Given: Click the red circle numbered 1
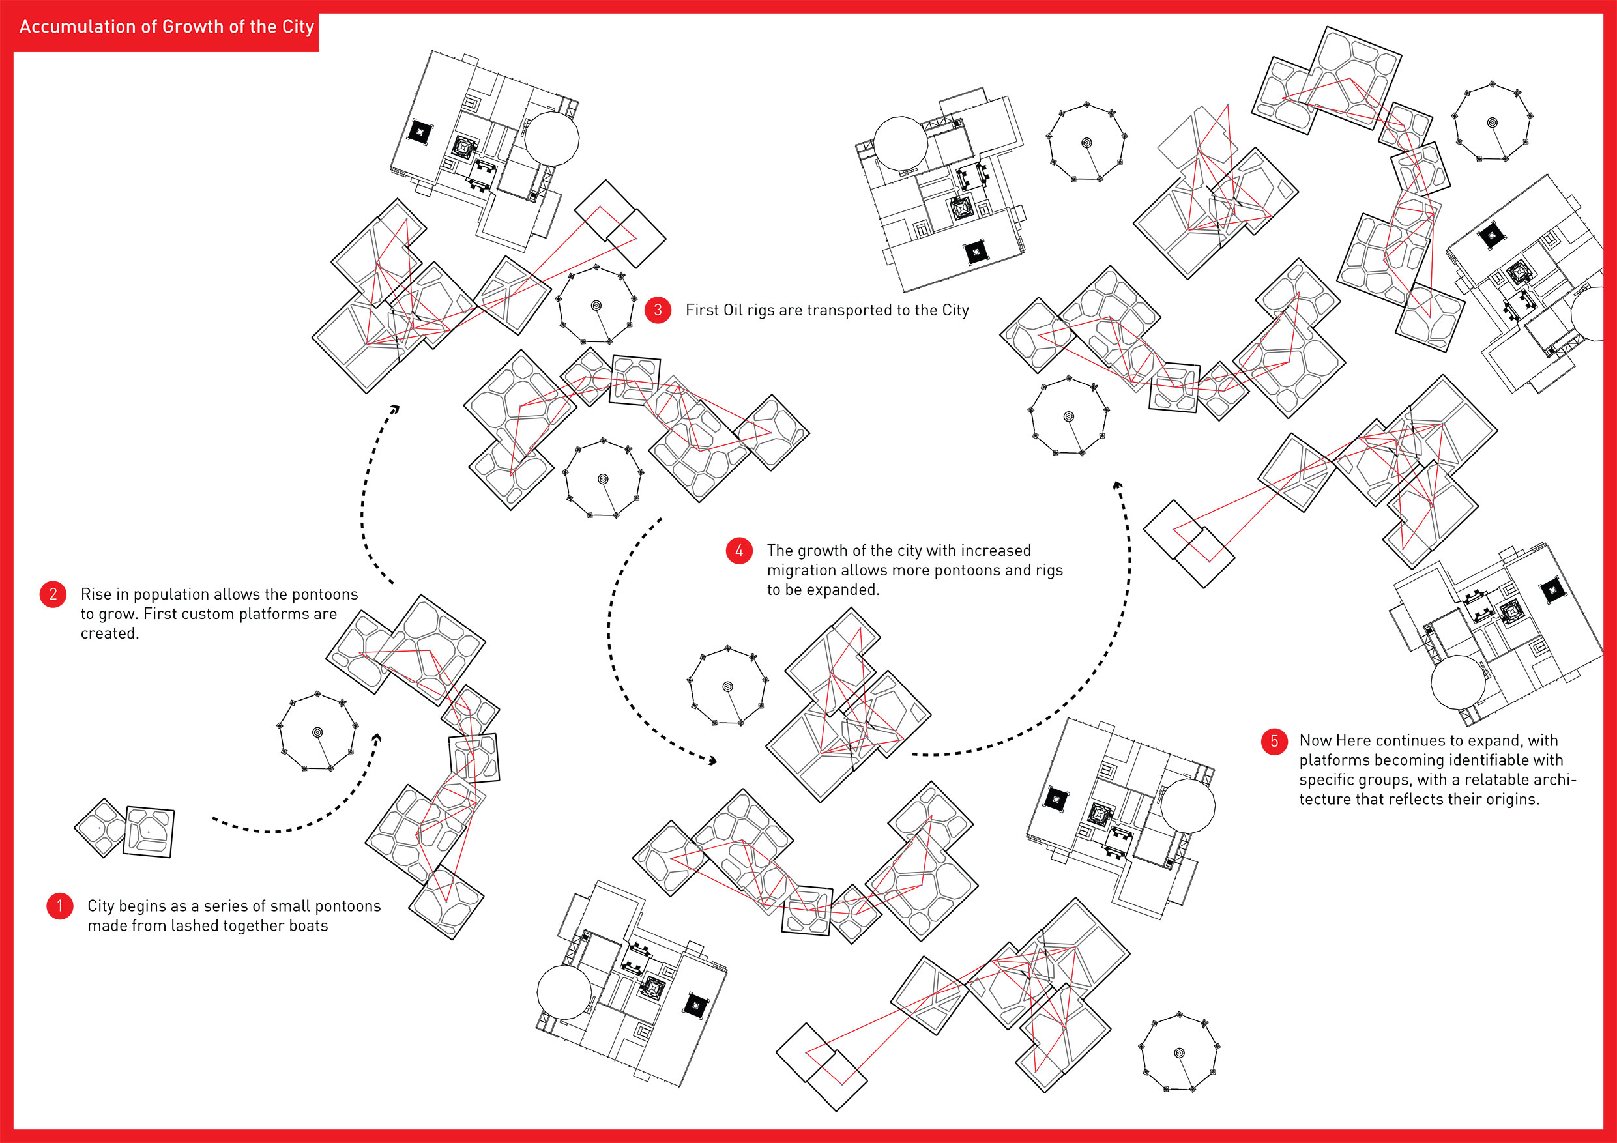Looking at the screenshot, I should click(x=60, y=906).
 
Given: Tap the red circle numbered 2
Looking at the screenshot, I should click(x=53, y=594).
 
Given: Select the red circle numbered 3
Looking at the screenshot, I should click(x=658, y=310).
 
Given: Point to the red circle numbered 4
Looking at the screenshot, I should click(x=739, y=551).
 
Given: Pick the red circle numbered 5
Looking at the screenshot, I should click(x=1274, y=741).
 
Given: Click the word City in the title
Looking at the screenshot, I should click(x=298, y=27).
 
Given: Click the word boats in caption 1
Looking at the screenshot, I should click(x=308, y=925).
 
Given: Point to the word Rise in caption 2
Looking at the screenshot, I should click(x=96, y=594).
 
